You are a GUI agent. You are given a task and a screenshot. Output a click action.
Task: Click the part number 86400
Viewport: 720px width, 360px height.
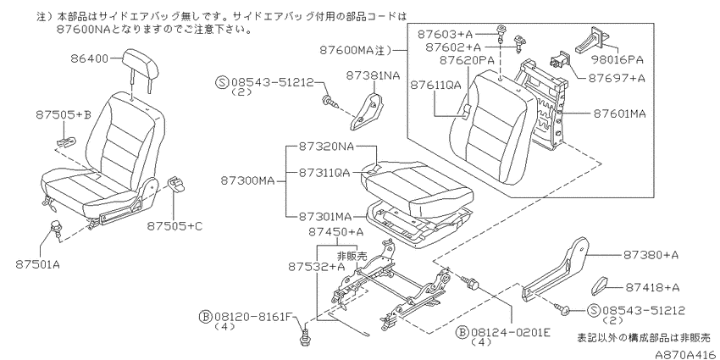tap(89, 58)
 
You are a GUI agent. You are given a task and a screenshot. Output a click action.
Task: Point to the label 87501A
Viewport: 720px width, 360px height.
tap(38, 264)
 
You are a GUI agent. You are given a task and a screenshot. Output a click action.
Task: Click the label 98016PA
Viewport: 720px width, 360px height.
tap(619, 59)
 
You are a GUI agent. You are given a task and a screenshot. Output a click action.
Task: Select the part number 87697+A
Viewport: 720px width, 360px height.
tap(617, 78)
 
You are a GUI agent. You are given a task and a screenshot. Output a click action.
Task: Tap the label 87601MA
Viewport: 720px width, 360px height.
tap(619, 114)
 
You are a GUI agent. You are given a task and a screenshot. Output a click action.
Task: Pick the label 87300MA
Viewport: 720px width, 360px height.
tap(247, 181)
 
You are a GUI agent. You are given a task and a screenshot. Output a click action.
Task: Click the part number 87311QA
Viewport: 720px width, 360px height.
tap(324, 172)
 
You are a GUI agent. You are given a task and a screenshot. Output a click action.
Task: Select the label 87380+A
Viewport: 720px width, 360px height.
tap(651, 254)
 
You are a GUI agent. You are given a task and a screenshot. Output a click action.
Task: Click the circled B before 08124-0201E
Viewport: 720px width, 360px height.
tap(462, 332)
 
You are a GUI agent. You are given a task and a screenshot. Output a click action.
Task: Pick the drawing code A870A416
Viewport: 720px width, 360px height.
tap(686, 354)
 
